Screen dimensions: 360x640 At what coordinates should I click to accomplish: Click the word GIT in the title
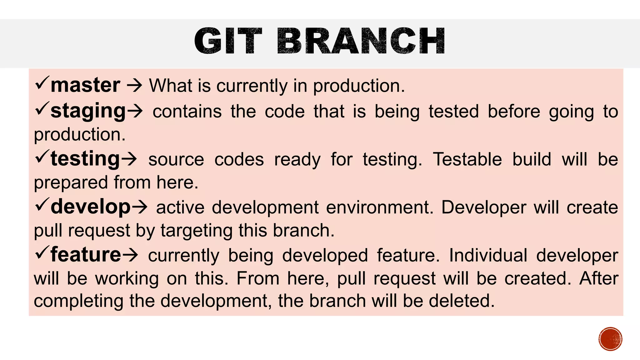228,42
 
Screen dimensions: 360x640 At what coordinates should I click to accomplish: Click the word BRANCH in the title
361,42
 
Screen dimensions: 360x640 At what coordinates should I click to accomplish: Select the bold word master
85,85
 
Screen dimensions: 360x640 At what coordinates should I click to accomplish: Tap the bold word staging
88,111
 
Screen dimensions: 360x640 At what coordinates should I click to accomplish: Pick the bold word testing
85,159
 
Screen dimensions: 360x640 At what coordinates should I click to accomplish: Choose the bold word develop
90,207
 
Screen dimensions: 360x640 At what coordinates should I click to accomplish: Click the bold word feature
86,255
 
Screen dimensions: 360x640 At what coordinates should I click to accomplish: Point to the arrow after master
134,86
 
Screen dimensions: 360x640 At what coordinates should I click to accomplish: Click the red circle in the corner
610,339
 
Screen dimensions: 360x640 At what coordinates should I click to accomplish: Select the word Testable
467,159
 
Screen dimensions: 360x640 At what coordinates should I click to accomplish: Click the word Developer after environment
484,207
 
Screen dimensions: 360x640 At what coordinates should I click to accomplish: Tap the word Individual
488,255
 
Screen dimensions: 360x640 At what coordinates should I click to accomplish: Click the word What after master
170,86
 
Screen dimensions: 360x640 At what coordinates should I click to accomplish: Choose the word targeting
197,231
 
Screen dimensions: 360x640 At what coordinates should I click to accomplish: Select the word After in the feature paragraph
599,278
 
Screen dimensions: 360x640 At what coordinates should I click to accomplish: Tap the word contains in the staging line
187,112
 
